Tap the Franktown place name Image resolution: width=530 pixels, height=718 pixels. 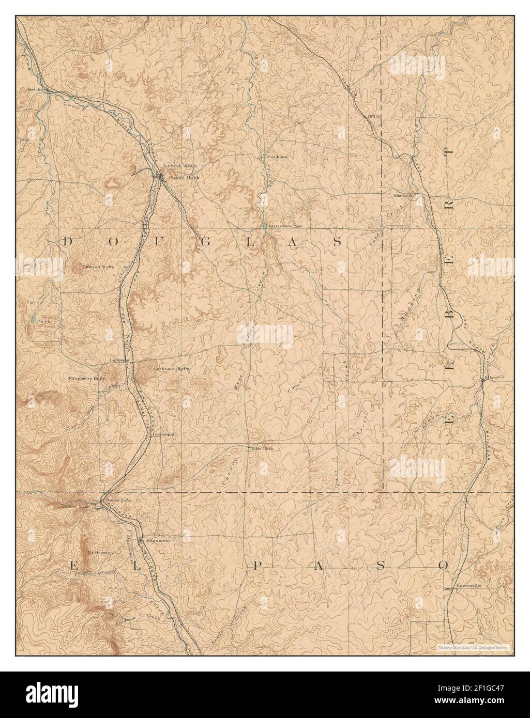(x=277, y=156)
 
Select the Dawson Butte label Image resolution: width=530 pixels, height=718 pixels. (x=98, y=267)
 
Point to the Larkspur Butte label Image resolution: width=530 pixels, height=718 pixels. (x=168, y=369)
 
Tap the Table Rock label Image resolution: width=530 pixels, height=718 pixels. (x=261, y=448)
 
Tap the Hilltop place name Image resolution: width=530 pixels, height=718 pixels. (x=374, y=116)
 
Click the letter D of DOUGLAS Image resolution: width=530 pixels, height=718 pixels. (x=68, y=241)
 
